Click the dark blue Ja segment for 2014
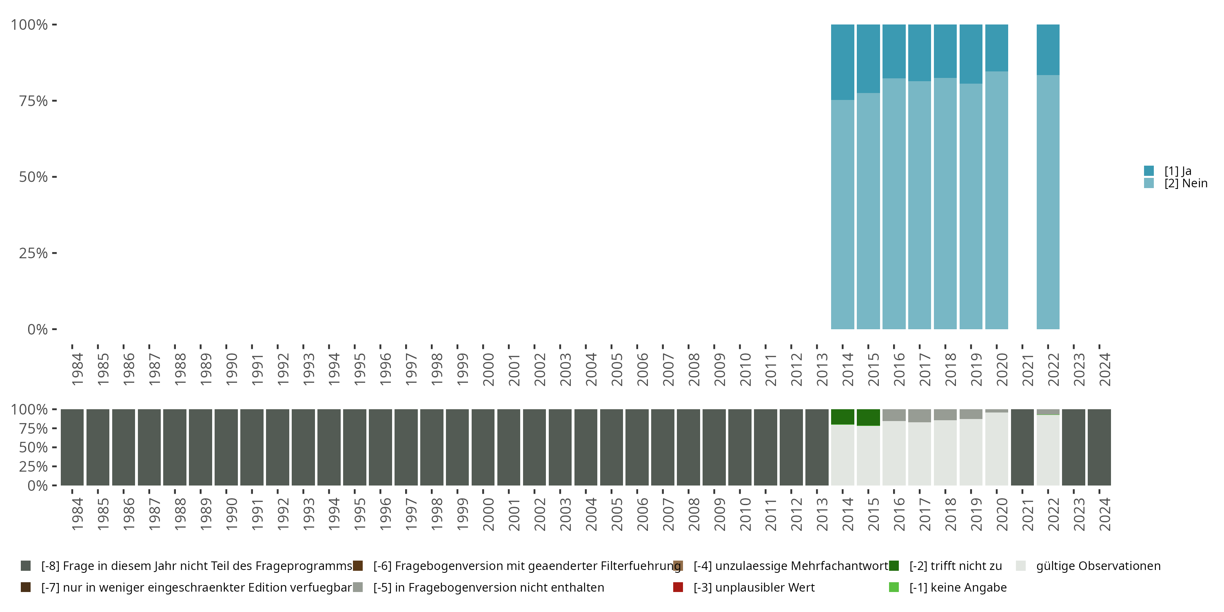pos(843,62)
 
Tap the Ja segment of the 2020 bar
pos(996,47)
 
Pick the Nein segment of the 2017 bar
pos(919,205)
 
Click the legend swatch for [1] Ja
pos(1149,171)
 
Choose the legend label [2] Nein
pos(1186,184)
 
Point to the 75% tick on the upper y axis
pos(54,101)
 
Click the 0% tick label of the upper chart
pos(38,329)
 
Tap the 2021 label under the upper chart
pos(1027,370)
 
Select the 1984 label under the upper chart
pos(77,370)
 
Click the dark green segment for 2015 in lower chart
pos(868,417)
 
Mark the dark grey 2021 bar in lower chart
pos(1022,447)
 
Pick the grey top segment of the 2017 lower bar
pos(919,415)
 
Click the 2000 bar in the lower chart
pos(483,447)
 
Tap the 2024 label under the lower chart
pos(1104,514)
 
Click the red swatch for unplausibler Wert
pos(678,587)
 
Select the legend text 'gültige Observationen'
pos(1098,566)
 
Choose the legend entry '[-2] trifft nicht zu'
pos(955,566)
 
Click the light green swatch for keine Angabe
pos(894,587)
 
